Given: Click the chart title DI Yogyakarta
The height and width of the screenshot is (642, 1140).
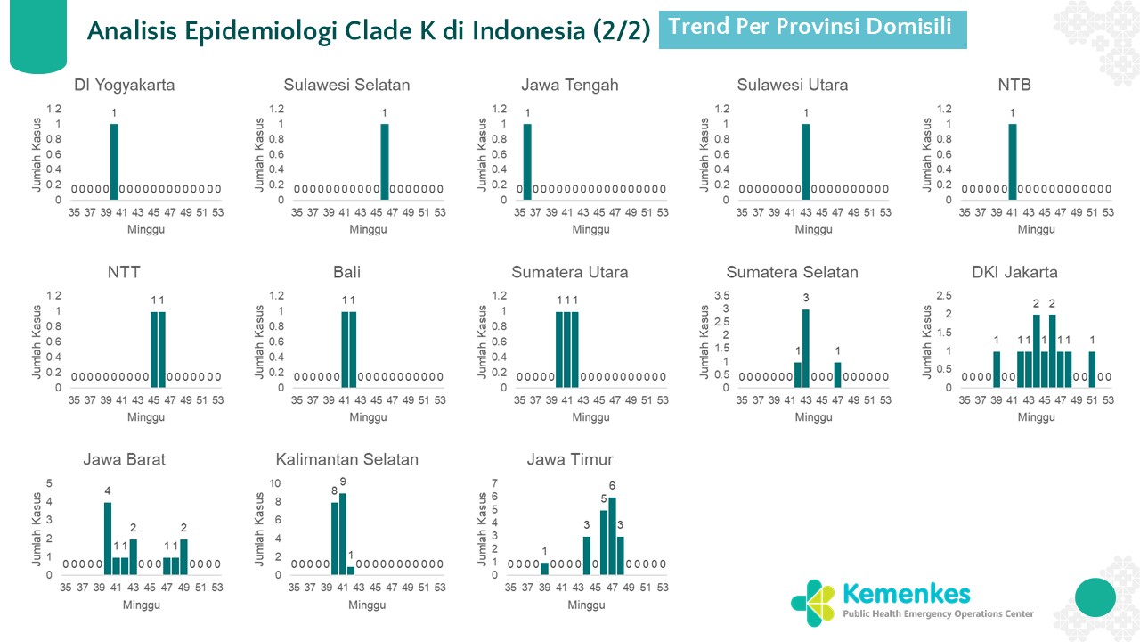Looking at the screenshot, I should point(124,86).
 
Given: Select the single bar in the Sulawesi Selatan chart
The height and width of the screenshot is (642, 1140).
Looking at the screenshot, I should point(385,161).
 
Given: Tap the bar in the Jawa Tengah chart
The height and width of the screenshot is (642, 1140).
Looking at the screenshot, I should point(527,161).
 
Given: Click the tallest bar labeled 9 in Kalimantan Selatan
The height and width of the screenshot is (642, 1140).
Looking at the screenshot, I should point(343,533).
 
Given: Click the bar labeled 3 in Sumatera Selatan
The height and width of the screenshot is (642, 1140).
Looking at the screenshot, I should point(806,348).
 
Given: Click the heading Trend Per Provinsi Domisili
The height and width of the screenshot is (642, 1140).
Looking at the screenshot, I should point(810,28).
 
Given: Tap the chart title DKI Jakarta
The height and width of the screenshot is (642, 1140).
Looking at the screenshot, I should point(1014,273).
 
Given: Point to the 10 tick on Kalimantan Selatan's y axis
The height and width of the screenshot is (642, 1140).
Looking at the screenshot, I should point(275,483).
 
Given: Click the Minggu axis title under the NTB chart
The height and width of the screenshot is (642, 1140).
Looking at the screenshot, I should point(1036,230).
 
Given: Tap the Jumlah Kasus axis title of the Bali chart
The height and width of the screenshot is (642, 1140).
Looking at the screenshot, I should point(260,342).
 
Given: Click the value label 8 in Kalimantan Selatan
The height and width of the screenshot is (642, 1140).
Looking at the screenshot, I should point(335,491).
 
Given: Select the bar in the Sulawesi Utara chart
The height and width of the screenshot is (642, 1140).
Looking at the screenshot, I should point(806,161).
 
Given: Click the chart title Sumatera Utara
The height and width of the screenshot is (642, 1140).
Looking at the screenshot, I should point(569,273).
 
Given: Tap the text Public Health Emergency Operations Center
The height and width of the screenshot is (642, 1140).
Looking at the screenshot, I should point(939,613).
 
